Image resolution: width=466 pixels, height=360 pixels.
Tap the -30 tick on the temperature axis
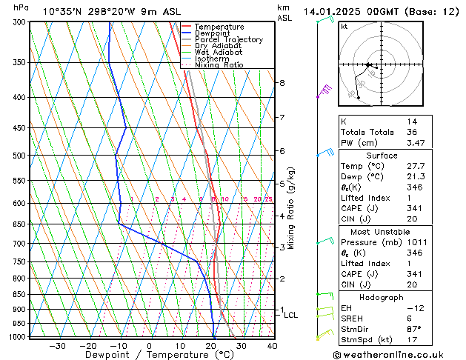tap(57, 345)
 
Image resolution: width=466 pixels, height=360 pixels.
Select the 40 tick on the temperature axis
tap(272, 345)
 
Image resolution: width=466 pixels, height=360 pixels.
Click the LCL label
tap(291, 315)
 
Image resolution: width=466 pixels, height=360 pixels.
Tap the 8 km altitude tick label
tap(282, 82)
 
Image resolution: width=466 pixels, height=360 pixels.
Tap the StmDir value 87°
tap(414, 328)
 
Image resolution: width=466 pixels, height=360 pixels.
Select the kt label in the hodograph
tap(344, 27)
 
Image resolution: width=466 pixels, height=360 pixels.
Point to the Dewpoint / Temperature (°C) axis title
tap(148, 355)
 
